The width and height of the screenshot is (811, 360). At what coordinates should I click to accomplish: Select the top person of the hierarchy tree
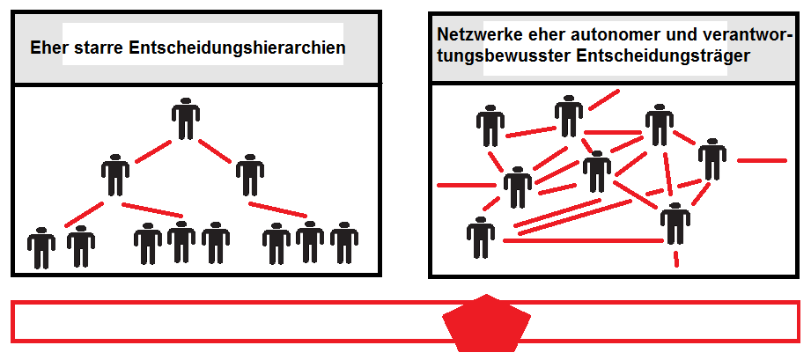coord(185,119)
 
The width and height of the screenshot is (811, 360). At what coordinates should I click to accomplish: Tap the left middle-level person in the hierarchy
coord(115,174)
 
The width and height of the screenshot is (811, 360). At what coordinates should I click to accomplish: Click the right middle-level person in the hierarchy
coord(249,174)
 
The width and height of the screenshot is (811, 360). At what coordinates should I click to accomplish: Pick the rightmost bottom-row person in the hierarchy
coord(343,243)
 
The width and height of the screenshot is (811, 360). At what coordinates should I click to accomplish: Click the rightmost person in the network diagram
coord(711,160)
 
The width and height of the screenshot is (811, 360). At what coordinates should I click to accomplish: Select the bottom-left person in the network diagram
coord(480,238)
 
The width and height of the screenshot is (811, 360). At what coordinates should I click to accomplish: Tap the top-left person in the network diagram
coord(490,126)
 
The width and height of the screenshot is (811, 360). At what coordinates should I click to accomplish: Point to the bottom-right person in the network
coord(674,224)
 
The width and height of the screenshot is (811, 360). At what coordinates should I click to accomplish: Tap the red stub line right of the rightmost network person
coord(761,160)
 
